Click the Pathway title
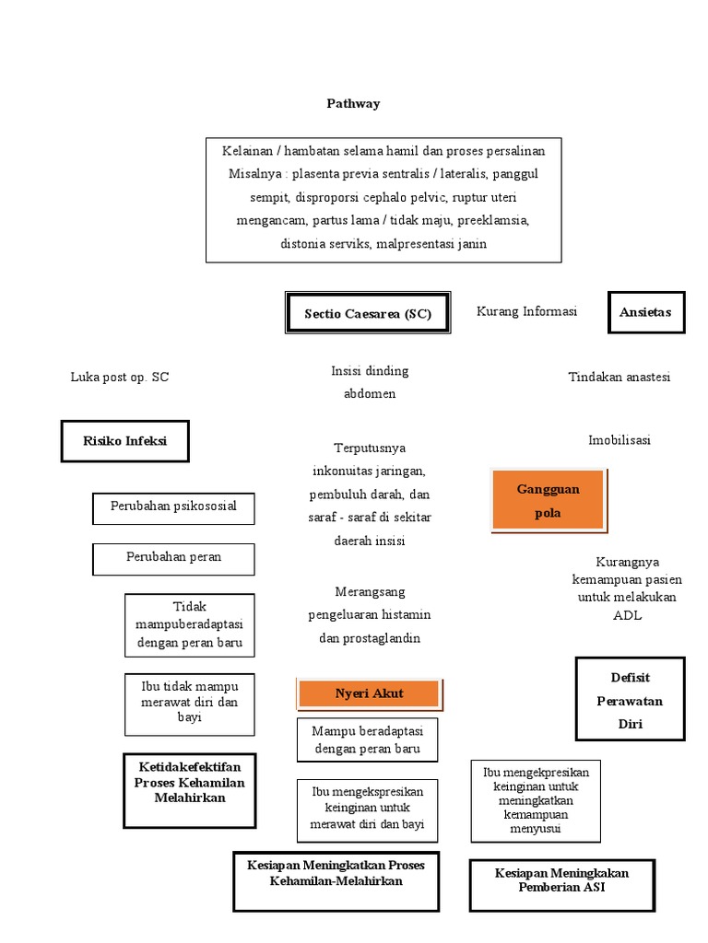coord(353,103)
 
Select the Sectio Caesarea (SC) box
coord(368,314)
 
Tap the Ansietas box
coord(645,312)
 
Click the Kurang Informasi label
coord(526,311)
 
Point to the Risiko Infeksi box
coord(125,441)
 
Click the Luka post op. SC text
coord(120,377)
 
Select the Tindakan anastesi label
coord(619,377)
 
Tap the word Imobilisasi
coord(619,440)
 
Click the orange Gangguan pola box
coord(549,501)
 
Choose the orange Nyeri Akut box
coord(369,693)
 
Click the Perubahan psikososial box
coord(173,506)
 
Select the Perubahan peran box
coord(173,557)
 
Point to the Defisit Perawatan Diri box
coord(630,700)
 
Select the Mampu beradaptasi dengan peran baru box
coord(367,740)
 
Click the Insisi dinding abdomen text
coord(370,382)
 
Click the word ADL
coord(627,615)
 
